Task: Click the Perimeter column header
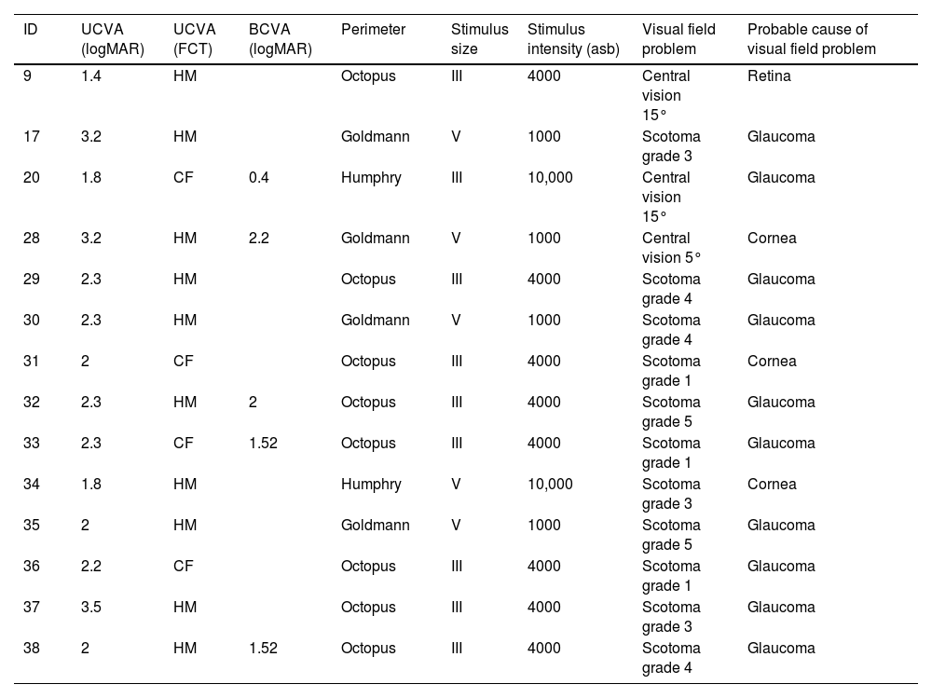(x=373, y=29)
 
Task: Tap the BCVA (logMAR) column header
(x=280, y=39)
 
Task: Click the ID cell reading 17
(x=31, y=136)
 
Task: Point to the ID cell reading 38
(x=31, y=648)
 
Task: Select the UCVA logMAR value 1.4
(x=91, y=75)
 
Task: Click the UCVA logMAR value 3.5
(x=91, y=607)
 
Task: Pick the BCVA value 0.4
(x=259, y=177)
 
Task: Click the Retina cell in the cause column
(x=769, y=75)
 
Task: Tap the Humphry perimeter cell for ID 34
(x=371, y=484)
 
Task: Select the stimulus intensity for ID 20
(x=550, y=177)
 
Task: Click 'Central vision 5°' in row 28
(x=667, y=247)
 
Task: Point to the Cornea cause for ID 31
(x=772, y=361)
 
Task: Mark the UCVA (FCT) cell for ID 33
(x=184, y=443)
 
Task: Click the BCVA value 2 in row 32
(x=253, y=402)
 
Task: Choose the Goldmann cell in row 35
(x=376, y=525)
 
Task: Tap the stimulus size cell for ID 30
(x=456, y=320)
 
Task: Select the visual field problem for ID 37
(x=671, y=616)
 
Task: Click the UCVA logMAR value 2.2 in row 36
(x=91, y=566)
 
